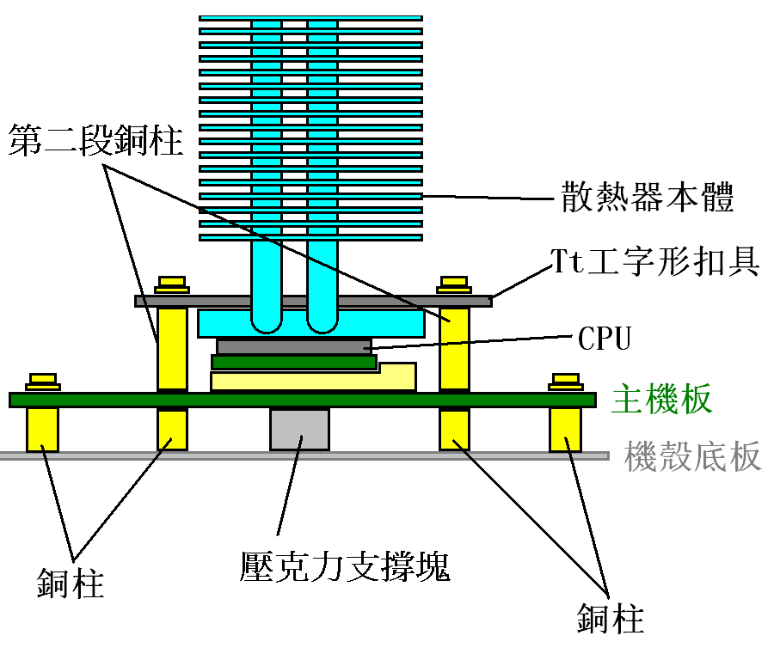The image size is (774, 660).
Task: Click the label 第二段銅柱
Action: (x=95, y=140)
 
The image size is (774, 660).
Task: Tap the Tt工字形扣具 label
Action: (x=655, y=259)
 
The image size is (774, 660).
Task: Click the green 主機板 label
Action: (x=661, y=400)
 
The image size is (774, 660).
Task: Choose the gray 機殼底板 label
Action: (x=693, y=455)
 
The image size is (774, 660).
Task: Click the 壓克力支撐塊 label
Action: (x=345, y=566)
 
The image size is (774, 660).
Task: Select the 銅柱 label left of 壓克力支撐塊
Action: (x=71, y=584)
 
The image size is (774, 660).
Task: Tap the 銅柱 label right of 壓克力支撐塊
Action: (x=611, y=618)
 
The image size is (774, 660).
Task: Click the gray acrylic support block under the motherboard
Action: (x=299, y=428)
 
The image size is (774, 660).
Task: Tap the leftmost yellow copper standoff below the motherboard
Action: (x=42, y=430)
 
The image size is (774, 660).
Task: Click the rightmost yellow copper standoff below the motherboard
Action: (x=566, y=430)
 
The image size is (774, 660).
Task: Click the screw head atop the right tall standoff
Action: (x=453, y=283)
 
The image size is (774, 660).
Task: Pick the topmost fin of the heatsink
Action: (x=310, y=17)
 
